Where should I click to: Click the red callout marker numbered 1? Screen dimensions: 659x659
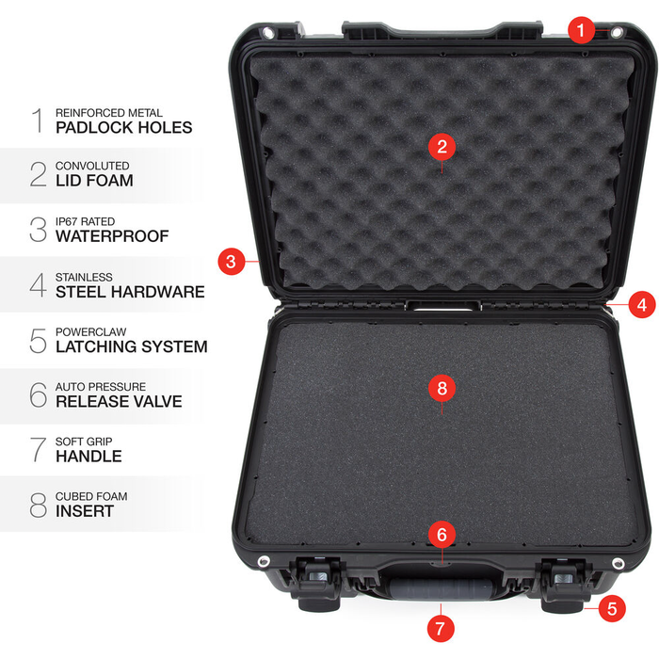click(581, 31)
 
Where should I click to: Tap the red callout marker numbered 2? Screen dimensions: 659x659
click(442, 146)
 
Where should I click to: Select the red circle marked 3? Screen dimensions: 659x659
click(233, 260)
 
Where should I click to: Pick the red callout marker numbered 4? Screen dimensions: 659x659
click(641, 304)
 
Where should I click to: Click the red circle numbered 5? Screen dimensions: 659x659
click(611, 608)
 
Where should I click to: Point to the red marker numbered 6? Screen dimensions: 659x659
click(442, 534)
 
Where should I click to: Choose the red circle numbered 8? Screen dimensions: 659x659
click(442, 387)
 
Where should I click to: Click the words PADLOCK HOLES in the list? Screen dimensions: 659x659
click(123, 127)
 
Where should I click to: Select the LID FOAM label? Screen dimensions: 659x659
click(94, 181)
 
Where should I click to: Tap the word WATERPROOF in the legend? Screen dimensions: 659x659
click(112, 236)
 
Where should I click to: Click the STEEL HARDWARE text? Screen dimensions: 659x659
click(130, 292)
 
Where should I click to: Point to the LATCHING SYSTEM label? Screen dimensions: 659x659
click(131, 346)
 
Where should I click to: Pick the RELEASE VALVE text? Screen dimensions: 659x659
click(119, 402)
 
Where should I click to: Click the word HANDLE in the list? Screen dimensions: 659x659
click(88, 457)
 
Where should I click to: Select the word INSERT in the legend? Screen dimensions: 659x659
click(85, 511)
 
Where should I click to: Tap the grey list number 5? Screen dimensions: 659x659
click(38, 340)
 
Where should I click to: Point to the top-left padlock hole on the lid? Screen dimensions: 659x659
click(269, 33)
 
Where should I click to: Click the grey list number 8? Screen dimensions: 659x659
click(38, 505)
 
